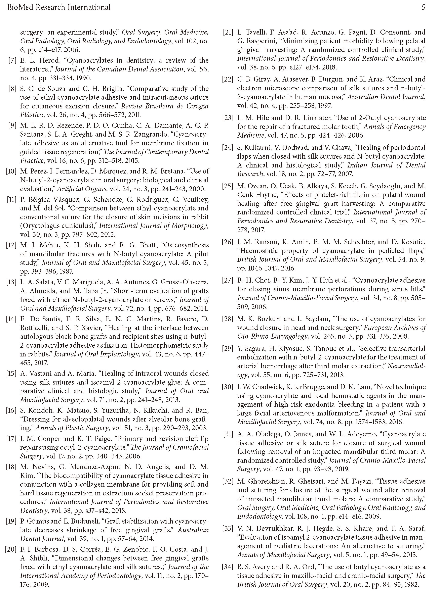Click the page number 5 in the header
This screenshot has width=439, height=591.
[x=423, y=7]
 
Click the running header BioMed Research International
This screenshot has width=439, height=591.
[x=59, y=7]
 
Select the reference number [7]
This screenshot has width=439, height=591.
[x=12, y=60]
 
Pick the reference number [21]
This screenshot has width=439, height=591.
[x=228, y=32]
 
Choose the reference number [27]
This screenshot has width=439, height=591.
[x=228, y=280]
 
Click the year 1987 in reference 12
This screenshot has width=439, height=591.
[x=65, y=271]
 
